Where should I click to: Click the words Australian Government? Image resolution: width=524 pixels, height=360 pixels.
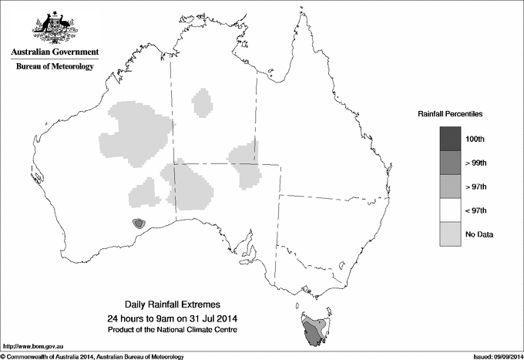(54, 52)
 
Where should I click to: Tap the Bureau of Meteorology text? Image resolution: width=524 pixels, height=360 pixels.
(54, 67)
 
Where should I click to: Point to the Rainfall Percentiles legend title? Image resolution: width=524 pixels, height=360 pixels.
(450, 113)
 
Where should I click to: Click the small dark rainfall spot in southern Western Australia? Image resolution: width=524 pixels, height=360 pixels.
(138, 224)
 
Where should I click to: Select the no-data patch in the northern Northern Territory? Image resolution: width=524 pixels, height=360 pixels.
(203, 103)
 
